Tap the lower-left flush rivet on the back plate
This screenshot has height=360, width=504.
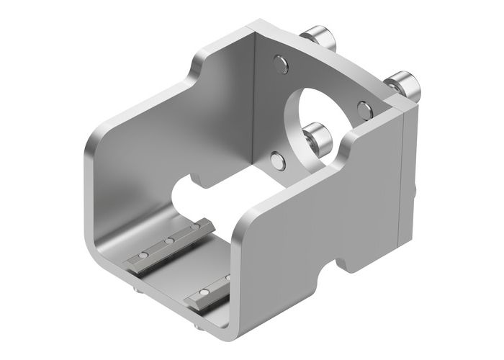[277, 159]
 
